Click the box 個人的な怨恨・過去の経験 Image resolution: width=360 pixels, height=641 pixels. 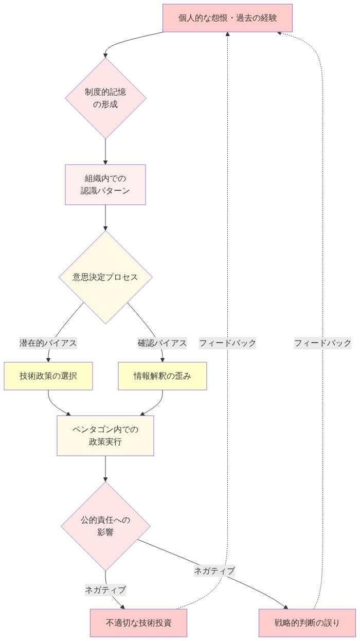tap(228, 18)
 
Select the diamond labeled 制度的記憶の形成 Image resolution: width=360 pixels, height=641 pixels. tap(105, 98)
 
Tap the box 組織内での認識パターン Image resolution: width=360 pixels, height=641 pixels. tap(105, 184)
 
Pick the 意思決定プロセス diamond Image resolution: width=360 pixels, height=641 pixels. tap(105, 277)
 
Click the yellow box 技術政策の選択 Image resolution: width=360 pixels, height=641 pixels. tap(48, 376)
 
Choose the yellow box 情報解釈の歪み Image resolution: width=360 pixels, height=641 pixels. tap(163, 376)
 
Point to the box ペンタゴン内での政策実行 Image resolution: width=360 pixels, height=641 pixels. tap(105, 435)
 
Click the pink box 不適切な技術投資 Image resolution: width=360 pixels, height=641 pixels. tap(138, 623)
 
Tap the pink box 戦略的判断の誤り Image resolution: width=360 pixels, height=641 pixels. tap(307, 623)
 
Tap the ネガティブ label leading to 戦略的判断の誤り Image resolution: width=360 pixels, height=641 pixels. tap(214, 571)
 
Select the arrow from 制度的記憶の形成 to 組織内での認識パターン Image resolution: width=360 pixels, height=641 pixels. tap(105, 151)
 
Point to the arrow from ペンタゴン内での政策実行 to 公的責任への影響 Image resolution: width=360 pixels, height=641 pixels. tap(105, 468)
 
